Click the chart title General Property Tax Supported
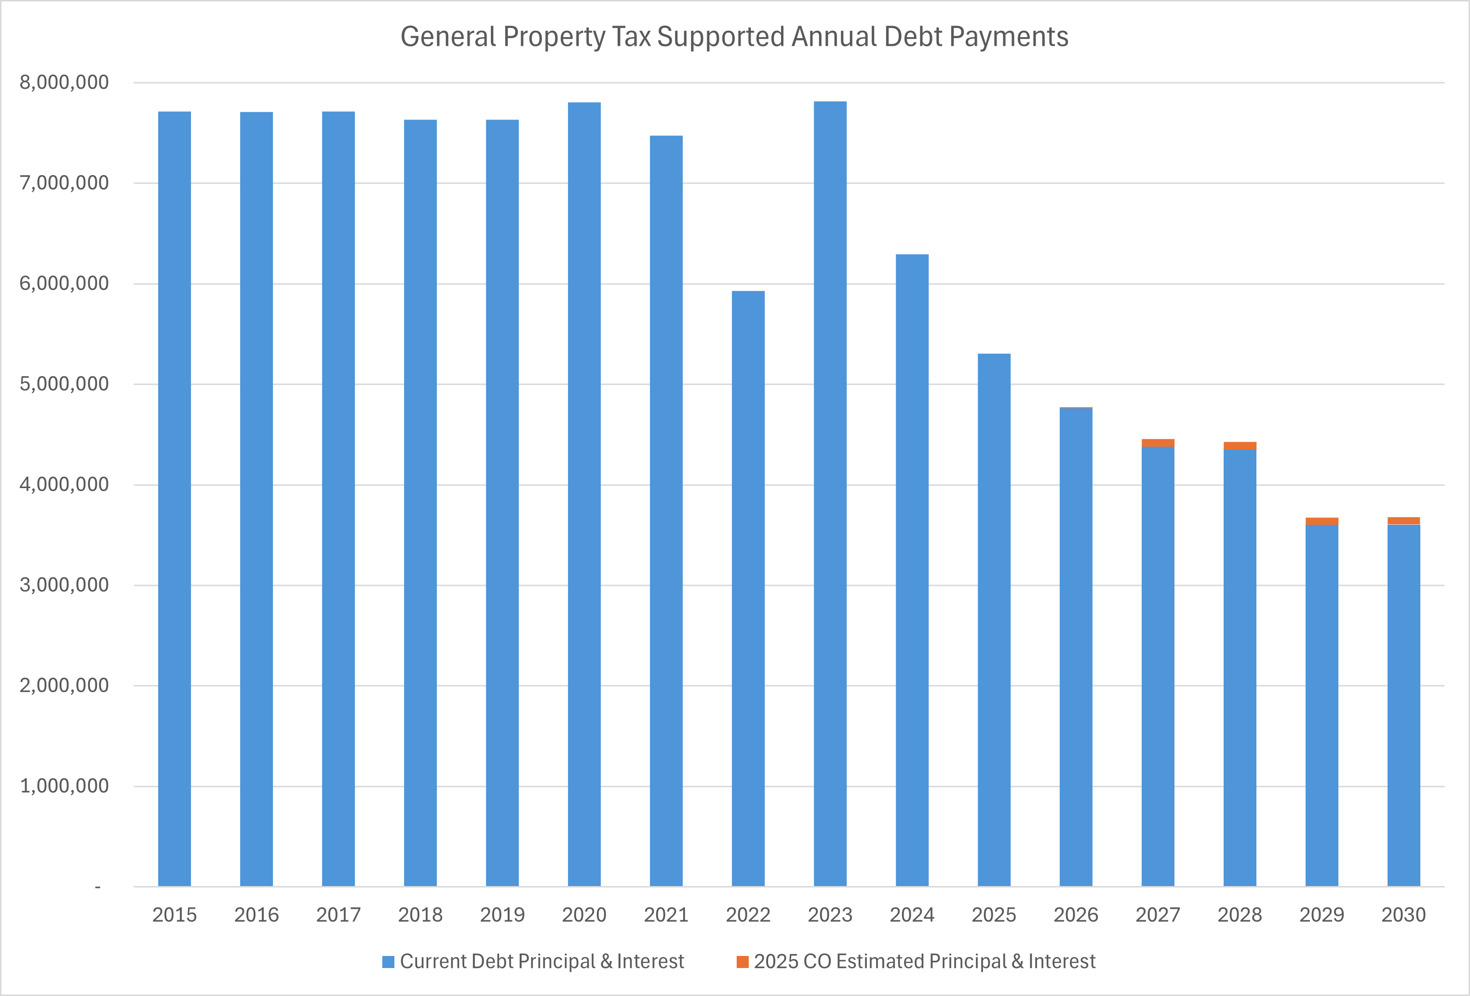(x=734, y=37)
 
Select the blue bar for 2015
(x=175, y=500)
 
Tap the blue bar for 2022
(x=748, y=588)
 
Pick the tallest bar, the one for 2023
(x=830, y=493)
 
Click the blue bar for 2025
(x=994, y=620)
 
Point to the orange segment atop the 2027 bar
(x=1158, y=443)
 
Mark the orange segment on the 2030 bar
(x=1403, y=521)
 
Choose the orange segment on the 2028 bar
(x=1240, y=446)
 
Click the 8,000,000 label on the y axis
(x=64, y=82)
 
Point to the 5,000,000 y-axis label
(x=64, y=384)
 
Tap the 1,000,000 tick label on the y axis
(x=64, y=786)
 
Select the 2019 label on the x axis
(x=502, y=915)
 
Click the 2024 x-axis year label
(x=912, y=915)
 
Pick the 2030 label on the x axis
(x=1403, y=915)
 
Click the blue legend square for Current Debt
(x=389, y=962)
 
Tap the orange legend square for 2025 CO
(x=742, y=962)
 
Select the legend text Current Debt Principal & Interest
(x=542, y=962)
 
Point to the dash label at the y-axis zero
(x=97, y=887)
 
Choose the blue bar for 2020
(x=584, y=493)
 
